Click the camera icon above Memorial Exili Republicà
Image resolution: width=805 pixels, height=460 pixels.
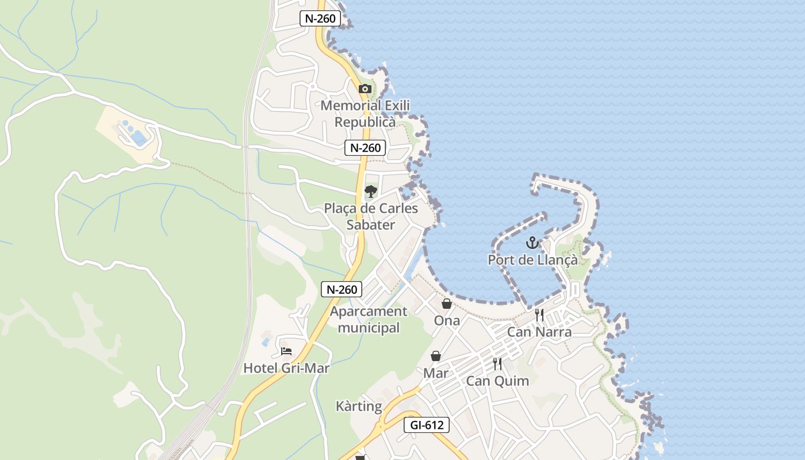click(365, 89)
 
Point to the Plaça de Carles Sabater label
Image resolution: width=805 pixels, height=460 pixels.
click(371, 216)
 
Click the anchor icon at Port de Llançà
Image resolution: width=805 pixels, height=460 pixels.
click(532, 243)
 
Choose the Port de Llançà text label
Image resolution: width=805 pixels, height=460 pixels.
click(532, 260)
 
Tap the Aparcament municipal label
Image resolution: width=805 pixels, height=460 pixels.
click(369, 320)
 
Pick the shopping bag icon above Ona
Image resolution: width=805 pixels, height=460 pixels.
click(446, 304)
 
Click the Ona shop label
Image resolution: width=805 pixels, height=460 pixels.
click(447, 320)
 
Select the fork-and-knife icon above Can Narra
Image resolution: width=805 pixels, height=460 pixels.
click(539, 315)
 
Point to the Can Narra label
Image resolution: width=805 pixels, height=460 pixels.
click(539, 332)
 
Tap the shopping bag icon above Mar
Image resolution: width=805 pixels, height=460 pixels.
click(436, 356)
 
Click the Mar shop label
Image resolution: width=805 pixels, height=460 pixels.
click(436, 373)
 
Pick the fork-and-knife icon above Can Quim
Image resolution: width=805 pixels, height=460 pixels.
click(497, 364)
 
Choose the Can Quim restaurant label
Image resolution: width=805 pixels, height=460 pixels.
click(497, 381)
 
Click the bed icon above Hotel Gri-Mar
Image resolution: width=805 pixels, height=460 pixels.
click(286, 351)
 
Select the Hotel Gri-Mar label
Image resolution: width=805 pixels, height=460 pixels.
click(286, 368)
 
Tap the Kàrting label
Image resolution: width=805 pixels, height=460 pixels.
click(359, 407)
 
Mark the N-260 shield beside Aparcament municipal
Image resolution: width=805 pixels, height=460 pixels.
click(342, 289)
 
